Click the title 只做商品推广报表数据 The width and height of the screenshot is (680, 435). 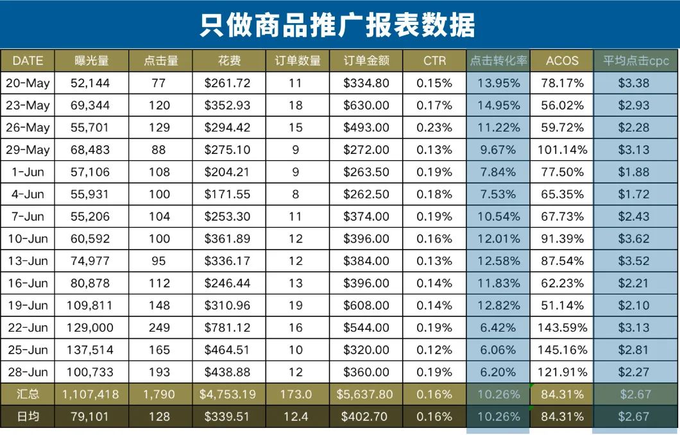[x=337, y=26]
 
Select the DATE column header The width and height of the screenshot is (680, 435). [x=28, y=61]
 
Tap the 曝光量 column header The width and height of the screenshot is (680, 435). [x=91, y=61]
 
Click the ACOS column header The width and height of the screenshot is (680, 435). [x=562, y=61]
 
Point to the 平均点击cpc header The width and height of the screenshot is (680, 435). [x=636, y=61]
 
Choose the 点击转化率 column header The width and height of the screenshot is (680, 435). [x=498, y=61]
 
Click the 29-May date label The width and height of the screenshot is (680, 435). [x=28, y=150]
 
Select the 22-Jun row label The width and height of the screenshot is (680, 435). [x=28, y=328]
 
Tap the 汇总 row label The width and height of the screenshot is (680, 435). [x=28, y=395]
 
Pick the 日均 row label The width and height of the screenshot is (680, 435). [x=28, y=416]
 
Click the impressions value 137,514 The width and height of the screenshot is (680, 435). [x=91, y=350]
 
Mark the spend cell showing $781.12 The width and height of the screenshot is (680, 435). [x=228, y=328]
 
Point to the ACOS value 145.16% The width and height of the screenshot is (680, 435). [x=562, y=350]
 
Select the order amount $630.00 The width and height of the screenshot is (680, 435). [x=366, y=105]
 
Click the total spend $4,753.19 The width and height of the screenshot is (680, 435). [x=228, y=395]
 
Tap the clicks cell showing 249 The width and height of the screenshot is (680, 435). [x=159, y=328]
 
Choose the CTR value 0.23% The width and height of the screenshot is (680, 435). [x=434, y=128]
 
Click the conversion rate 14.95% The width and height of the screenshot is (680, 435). [x=498, y=105]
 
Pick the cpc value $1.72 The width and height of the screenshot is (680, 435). [x=634, y=194]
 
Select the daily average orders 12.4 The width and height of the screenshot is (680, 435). [x=296, y=416]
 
